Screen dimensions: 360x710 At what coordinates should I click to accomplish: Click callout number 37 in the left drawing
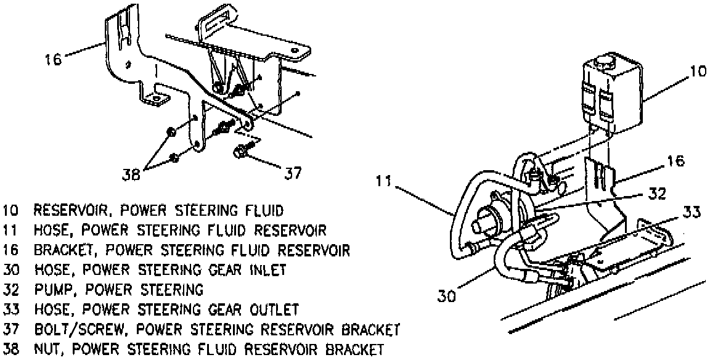292,174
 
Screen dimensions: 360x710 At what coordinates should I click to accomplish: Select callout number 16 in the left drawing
53,60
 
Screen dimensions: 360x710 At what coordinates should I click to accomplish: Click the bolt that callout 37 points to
240,151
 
